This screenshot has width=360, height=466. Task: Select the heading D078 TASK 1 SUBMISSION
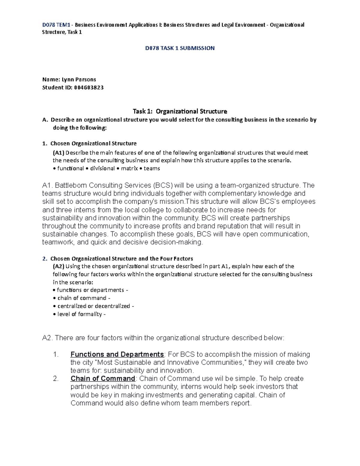click(180, 48)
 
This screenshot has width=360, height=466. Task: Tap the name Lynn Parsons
click(79, 80)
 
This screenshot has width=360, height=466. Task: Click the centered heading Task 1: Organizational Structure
click(180, 111)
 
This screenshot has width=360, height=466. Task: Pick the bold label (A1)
click(58, 153)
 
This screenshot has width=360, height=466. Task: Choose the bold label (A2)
click(58, 266)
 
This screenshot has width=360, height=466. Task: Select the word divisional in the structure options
click(102, 168)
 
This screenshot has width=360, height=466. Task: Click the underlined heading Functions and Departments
click(117, 354)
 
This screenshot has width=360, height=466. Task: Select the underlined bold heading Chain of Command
click(103, 379)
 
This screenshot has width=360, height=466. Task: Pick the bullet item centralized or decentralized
click(94, 306)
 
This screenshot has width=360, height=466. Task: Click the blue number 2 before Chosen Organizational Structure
click(44, 259)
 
